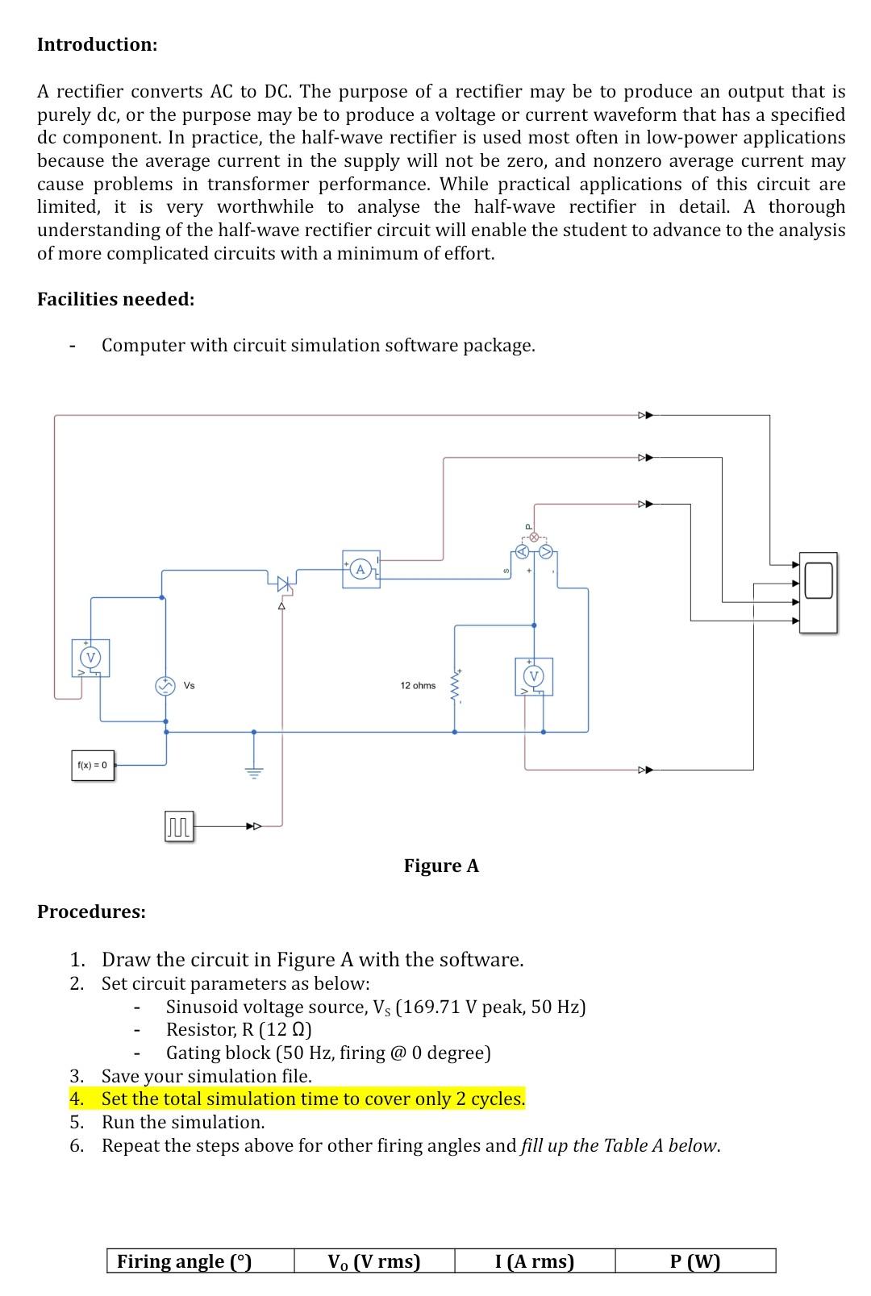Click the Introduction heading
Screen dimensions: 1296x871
(97, 44)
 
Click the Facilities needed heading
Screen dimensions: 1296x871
(115, 299)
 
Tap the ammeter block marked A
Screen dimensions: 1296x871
(360, 570)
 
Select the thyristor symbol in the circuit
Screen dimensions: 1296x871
(282, 582)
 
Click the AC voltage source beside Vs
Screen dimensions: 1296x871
(165, 686)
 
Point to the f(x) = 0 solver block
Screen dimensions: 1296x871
(92, 765)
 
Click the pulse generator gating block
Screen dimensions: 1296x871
(178, 826)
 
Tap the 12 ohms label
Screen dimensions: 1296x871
(417, 686)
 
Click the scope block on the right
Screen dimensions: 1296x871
(818, 592)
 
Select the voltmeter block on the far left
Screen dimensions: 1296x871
(91, 658)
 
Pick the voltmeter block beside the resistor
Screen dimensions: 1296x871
(533, 675)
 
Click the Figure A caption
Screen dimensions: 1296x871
(441, 866)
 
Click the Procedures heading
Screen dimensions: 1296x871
(91, 912)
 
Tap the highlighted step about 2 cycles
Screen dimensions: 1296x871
(313, 1099)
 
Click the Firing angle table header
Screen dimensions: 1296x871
(185, 1261)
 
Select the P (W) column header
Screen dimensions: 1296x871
(694, 1261)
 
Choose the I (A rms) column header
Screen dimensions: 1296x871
(534, 1261)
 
